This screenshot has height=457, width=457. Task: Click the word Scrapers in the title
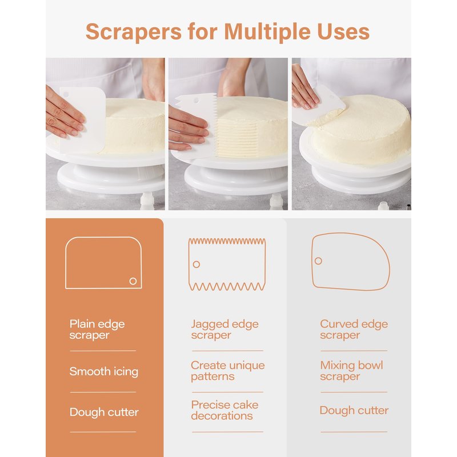(134, 32)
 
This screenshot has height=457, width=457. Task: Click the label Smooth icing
(104, 372)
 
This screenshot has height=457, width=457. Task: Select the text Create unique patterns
(227, 371)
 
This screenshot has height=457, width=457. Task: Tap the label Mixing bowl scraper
(351, 371)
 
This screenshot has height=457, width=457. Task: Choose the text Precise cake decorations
(225, 410)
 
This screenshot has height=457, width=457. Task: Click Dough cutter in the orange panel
(104, 412)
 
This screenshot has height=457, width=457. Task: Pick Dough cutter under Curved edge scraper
(354, 410)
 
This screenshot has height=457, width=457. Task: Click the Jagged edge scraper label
(225, 330)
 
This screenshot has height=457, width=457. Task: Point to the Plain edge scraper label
(97, 330)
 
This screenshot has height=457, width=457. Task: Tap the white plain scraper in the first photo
(82, 120)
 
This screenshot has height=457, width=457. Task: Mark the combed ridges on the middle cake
(237, 138)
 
